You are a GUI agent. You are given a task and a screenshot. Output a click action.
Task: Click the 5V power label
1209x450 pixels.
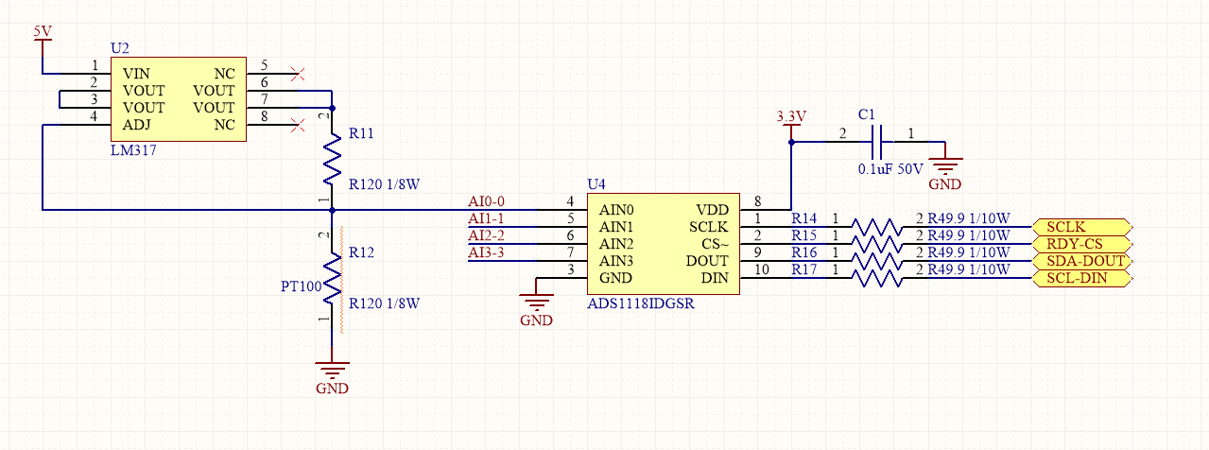43,31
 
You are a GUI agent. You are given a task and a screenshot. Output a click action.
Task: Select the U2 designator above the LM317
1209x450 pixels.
119,47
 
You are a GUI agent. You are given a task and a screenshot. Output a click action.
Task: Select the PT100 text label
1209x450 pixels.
301,286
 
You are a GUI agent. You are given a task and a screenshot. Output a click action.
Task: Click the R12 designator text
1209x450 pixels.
361,252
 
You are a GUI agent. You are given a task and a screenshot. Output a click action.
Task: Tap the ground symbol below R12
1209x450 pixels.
332,371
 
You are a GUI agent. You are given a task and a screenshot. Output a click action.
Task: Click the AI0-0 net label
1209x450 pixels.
487,201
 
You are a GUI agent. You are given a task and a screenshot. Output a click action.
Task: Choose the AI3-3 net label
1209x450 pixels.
487,252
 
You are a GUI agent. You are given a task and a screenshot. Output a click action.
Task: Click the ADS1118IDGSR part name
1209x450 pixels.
640,304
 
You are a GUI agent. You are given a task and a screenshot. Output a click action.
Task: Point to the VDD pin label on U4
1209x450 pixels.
712,210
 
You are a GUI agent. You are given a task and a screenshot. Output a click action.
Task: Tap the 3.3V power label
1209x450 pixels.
790,116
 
